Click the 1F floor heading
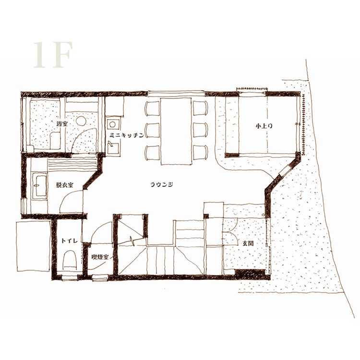click(x=53, y=55)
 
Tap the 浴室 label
click(x=62, y=124)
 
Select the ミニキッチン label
click(x=127, y=135)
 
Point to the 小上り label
click(x=264, y=126)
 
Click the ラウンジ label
click(x=162, y=184)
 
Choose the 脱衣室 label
click(x=64, y=185)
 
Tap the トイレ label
click(x=69, y=240)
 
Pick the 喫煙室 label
click(x=100, y=257)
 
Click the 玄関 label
click(x=248, y=243)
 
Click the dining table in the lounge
click(x=176, y=131)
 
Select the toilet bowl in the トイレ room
click(x=70, y=259)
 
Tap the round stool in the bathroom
click(x=81, y=120)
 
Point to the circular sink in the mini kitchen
click(x=112, y=124)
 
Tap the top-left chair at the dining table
click(x=152, y=108)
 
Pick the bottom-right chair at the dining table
click(x=201, y=152)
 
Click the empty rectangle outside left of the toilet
click(x=34, y=246)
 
